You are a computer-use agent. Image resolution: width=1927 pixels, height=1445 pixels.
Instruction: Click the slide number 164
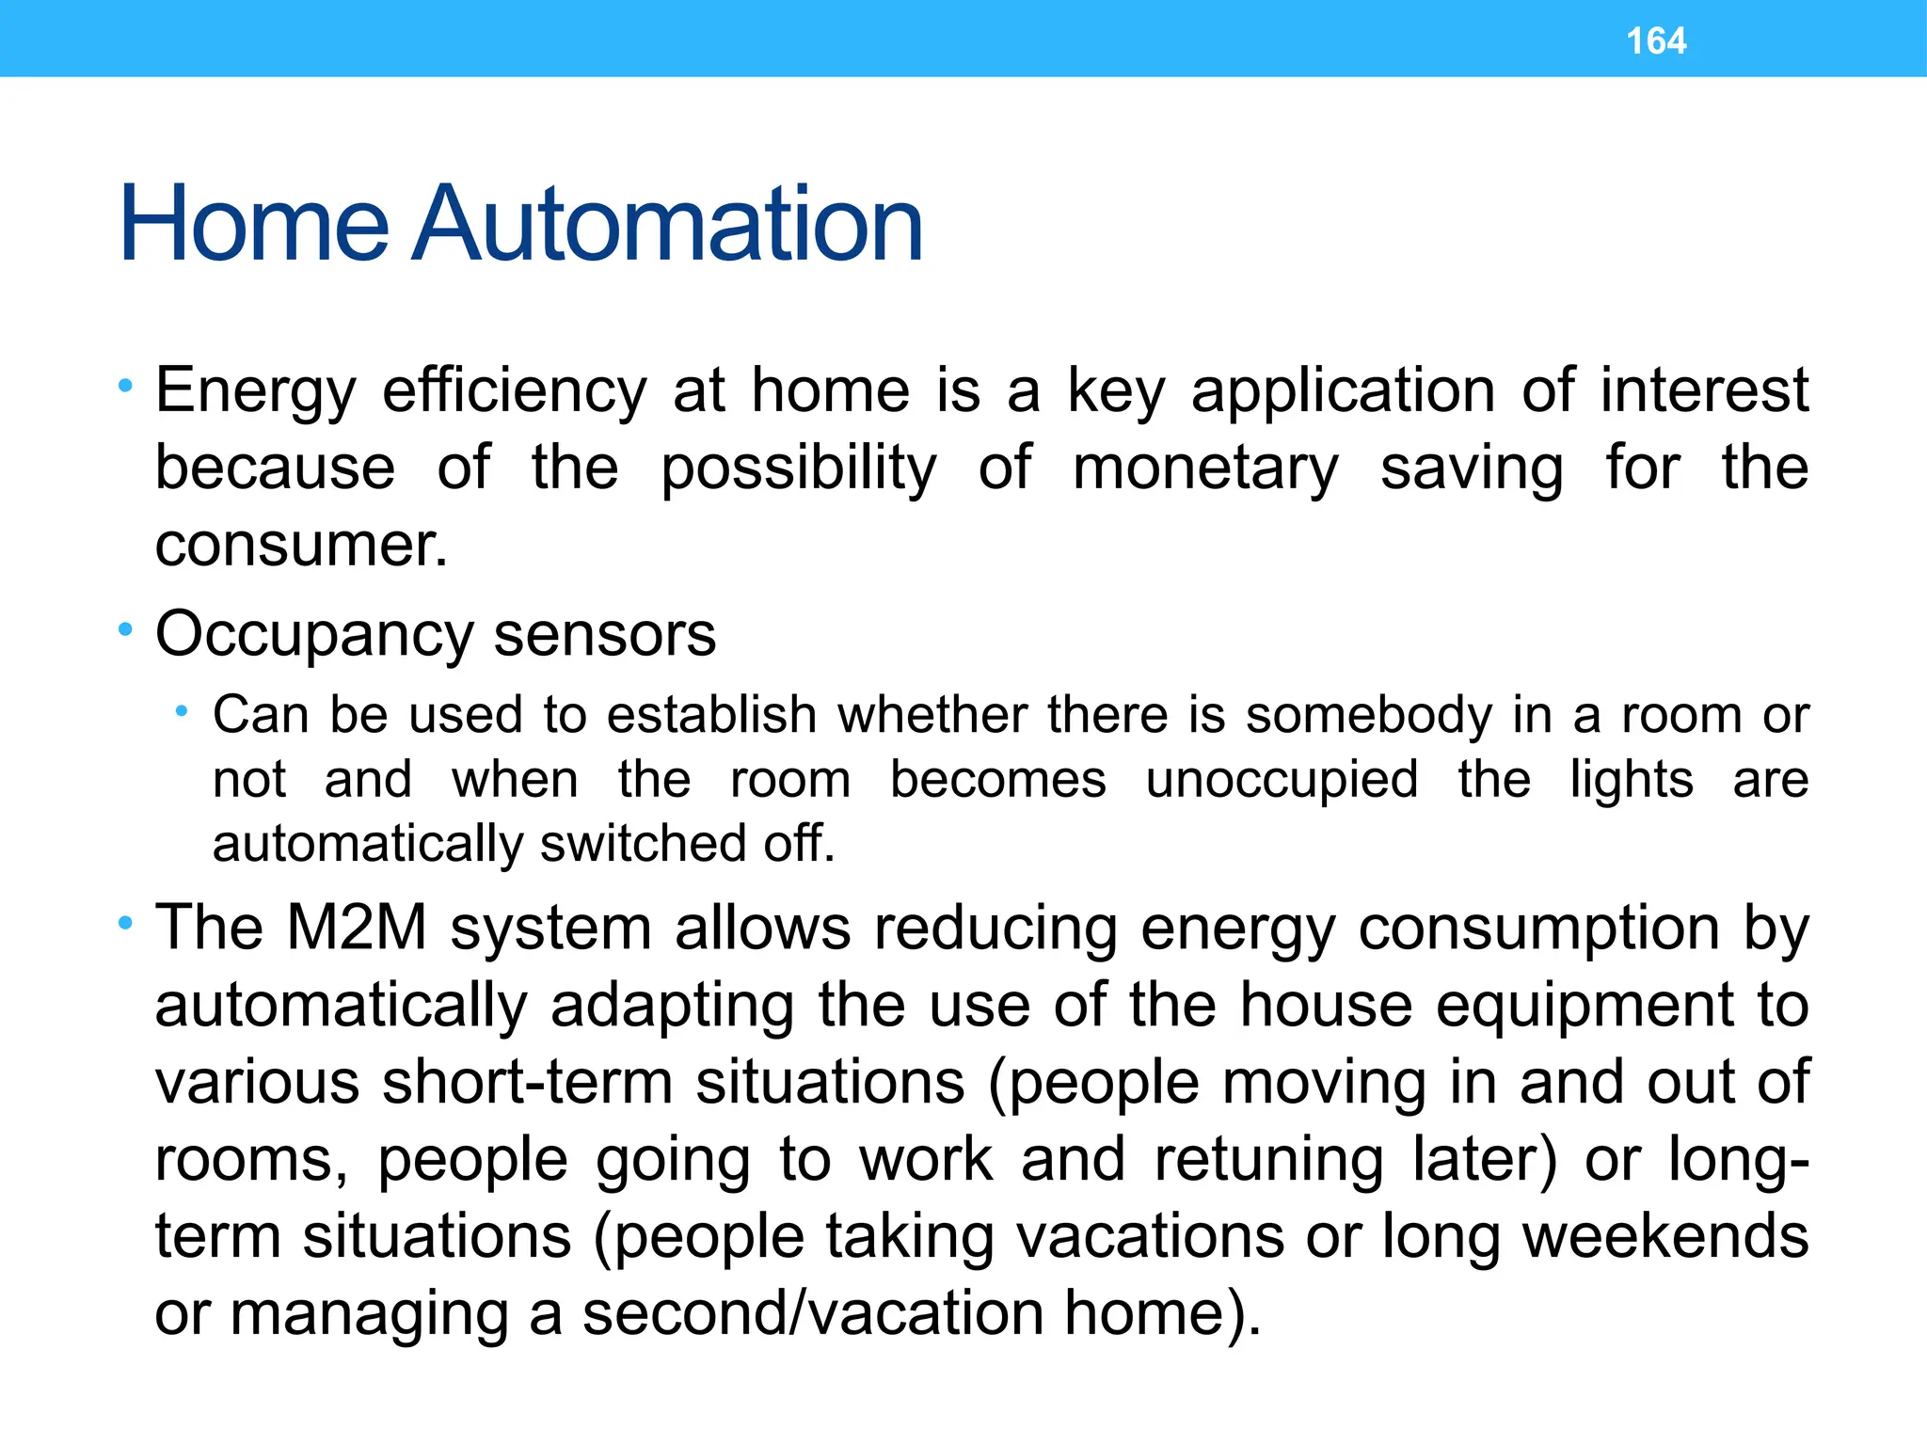click(1656, 41)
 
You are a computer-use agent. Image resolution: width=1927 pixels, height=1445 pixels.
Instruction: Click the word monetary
click(1205, 468)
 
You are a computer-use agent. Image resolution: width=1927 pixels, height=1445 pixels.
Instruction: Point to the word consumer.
click(299, 546)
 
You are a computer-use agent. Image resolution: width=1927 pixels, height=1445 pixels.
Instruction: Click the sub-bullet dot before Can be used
click(182, 712)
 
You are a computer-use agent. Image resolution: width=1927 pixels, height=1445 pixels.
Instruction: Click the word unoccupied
click(1282, 780)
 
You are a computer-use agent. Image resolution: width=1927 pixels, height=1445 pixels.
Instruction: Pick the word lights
click(1632, 780)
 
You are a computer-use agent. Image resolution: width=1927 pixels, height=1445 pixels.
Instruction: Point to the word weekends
click(1665, 1236)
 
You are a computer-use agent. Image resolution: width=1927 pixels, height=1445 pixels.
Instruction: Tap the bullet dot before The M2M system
click(125, 924)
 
